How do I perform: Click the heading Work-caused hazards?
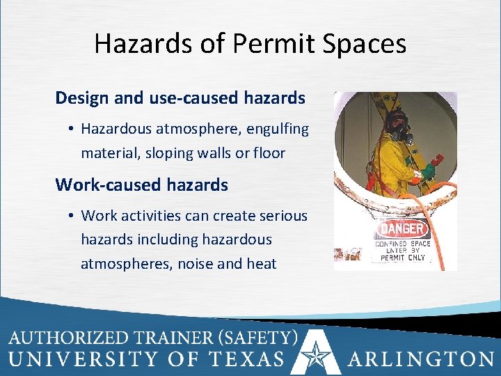coord(141,185)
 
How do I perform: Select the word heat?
coord(261,263)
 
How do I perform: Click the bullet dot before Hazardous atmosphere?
coord(72,130)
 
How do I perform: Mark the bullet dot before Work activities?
coord(72,216)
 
